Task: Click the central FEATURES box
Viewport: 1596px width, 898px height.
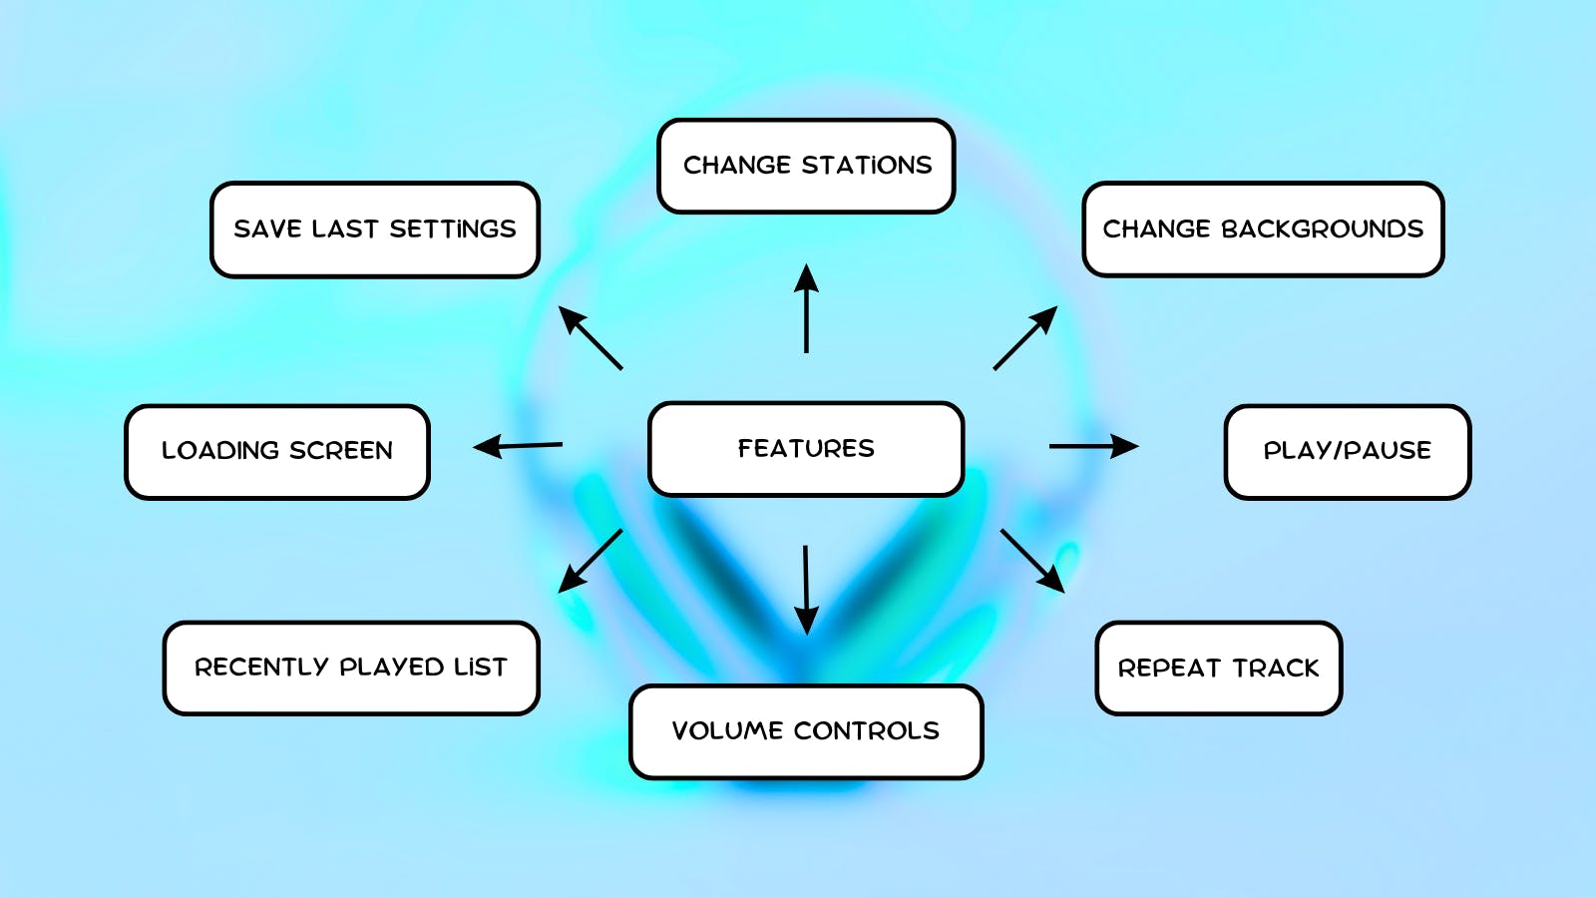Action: coord(806,449)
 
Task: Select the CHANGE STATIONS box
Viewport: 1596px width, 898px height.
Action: coord(806,166)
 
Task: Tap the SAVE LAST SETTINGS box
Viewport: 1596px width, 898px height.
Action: coord(375,229)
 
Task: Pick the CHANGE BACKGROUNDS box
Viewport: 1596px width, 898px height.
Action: coord(1263,229)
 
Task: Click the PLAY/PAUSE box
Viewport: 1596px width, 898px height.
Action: coord(1347,451)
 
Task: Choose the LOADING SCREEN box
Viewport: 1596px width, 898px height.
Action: coord(277,451)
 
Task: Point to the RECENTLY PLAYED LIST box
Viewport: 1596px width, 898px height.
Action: coord(351,668)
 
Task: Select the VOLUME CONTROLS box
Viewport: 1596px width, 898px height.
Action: coord(806,731)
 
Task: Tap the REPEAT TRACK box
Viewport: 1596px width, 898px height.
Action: coord(1218,669)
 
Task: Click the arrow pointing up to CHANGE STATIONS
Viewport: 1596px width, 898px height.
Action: coord(806,308)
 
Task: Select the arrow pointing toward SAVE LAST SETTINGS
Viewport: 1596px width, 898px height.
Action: coord(591,338)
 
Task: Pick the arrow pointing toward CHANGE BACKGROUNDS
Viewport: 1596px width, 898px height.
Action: coord(1025,338)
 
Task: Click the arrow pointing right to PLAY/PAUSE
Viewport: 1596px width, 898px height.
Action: coord(1093,446)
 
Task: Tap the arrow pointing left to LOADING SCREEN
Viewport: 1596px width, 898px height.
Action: coord(518,446)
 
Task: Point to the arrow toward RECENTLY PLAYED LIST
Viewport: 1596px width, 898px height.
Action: coord(591,561)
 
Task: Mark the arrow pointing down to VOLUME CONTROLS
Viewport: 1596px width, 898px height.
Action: coord(806,590)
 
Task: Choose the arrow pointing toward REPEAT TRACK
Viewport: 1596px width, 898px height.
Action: coord(1032,561)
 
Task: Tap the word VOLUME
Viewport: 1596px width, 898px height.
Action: coord(727,731)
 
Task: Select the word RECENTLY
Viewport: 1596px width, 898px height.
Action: coord(261,668)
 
